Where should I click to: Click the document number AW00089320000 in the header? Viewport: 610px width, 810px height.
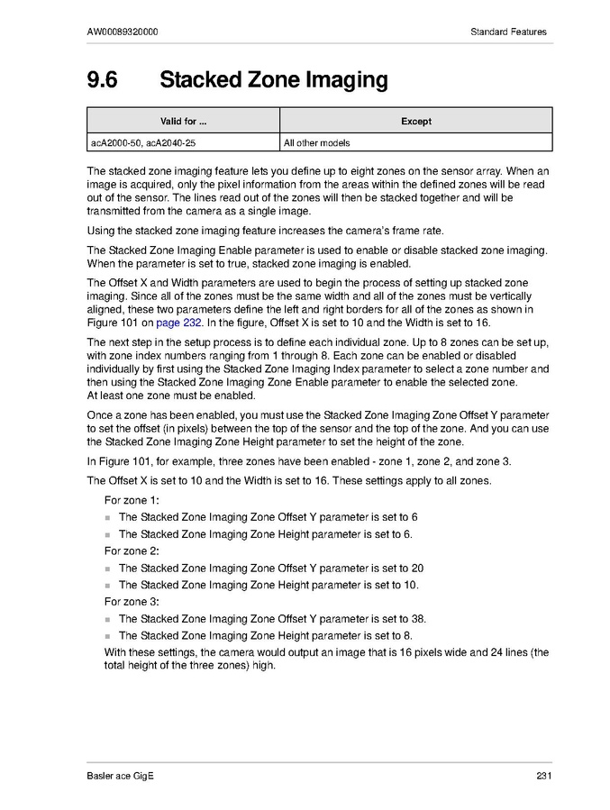pyautogui.click(x=123, y=32)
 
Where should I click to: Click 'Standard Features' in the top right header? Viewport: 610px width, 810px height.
pyautogui.click(x=508, y=32)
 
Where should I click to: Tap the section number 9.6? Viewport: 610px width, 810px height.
pyautogui.click(x=102, y=80)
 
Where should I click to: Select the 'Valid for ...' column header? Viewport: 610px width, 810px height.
pyautogui.click(x=183, y=121)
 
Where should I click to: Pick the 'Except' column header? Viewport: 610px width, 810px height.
pyautogui.click(x=415, y=121)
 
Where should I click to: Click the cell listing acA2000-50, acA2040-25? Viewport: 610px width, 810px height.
pyautogui.click(x=142, y=142)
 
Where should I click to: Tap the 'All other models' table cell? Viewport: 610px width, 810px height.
pyautogui.click(x=316, y=142)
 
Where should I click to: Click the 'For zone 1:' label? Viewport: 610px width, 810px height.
pyautogui.click(x=132, y=500)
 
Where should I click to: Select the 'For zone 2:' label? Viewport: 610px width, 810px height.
pyautogui.click(x=132, y=551)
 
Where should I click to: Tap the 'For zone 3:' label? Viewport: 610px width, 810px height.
pyautogui.click(x=132, y=601)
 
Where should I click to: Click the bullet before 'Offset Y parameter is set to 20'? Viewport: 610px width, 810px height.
pyautogui.click(x=108, y=569)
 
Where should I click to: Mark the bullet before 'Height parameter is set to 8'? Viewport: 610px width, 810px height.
pyautogui.click(x=108, y=636)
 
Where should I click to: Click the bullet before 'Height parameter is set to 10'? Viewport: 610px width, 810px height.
pyautogui.click(x=108, y=586)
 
